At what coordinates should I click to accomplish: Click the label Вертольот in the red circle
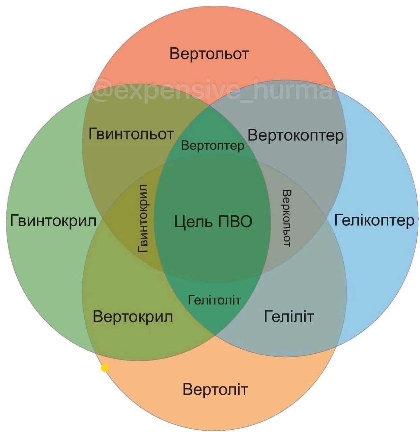point(209,54)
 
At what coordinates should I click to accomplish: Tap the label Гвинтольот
point(131,134)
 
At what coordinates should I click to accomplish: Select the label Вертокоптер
point(295,135)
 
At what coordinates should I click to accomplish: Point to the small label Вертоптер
point(213,146)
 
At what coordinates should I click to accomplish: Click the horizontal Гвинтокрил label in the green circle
point(53,221)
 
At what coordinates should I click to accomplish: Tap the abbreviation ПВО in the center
point(235,221)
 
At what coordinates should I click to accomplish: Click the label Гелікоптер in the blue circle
point(374,220)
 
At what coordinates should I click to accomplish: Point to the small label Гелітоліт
point(214,300)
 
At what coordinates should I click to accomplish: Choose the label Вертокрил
point(133,317)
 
